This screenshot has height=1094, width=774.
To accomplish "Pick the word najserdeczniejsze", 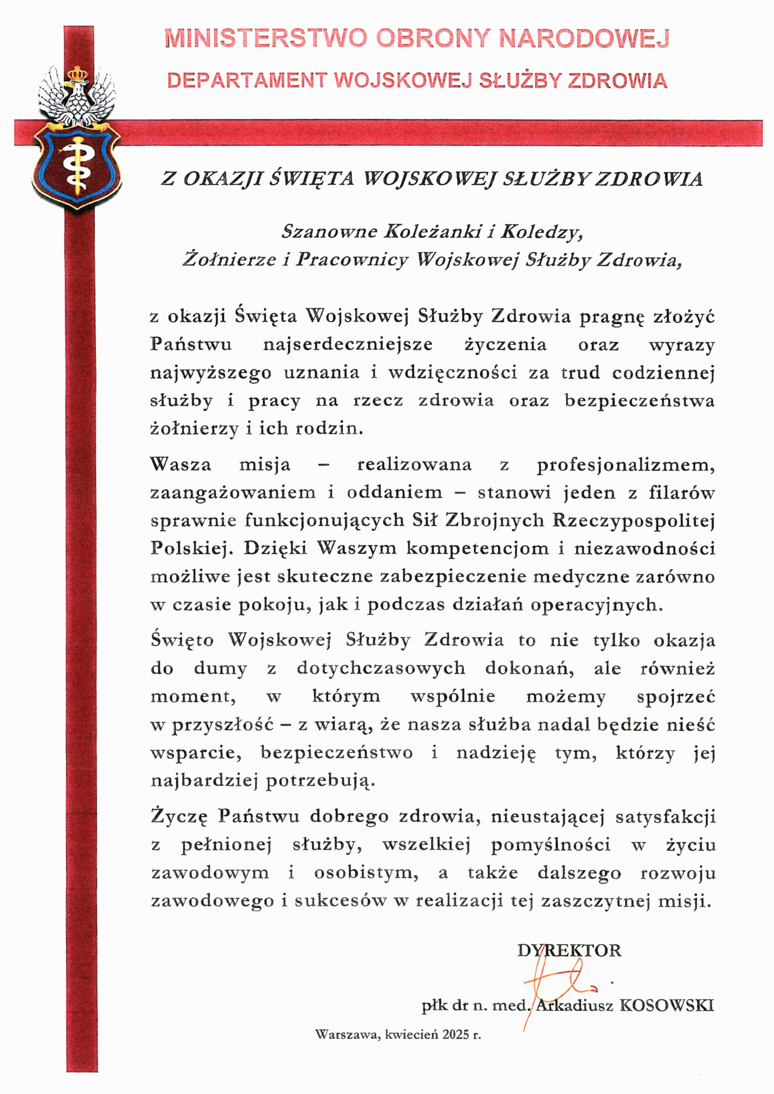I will pos(348,344).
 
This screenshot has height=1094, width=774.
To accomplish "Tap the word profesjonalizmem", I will pos(626,465).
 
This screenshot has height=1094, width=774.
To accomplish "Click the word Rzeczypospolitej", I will pos(634,521).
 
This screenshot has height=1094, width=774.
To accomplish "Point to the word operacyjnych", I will pos(596,605).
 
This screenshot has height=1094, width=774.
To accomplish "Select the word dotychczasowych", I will pos(381,668).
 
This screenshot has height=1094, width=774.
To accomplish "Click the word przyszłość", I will pos(222,725).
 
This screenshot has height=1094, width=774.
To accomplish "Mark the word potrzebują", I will pos(320,781).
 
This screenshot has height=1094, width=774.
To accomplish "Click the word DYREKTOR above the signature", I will pos(569,951).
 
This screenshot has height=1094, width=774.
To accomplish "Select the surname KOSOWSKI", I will pos(667,1006).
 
